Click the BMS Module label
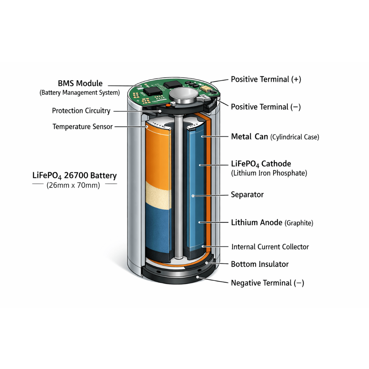[x=80, y=83]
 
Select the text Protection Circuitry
[x=81, y=111]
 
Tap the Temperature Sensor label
[x=83, y=127]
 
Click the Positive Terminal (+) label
[x=266, y=79]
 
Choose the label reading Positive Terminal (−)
[x=266, y=107]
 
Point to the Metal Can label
[x=249, y=136]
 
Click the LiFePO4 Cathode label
[x=261, y=164]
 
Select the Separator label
[x=247, y=195]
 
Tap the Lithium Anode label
[x=257, y=222]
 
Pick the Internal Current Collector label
[x=270, y=247]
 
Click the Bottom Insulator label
[x=260, y=264]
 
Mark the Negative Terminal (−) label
[x=267, y=283]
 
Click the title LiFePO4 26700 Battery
[x=74, y=176]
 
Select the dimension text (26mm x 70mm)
[x=73, y=185]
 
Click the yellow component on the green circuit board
[x=206, y=88]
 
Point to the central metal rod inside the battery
[x=179, y=186]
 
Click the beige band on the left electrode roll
[x=158, y=195]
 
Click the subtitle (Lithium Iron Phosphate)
[x=269, y=173]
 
